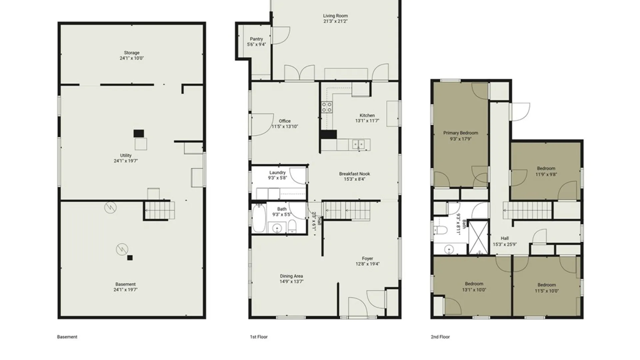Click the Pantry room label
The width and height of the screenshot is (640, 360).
pyautogui.click(x=256, y=39)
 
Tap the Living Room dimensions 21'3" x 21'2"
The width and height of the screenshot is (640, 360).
pyautogui.click(x=335, y=21)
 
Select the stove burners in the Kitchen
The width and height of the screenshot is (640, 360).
pyautogui.click(x=327, y=107)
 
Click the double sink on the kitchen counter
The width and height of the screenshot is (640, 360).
pyautogui.click(x=359, y=144)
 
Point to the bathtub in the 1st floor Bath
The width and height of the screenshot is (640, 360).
pyautogui.click(x=259, y=218)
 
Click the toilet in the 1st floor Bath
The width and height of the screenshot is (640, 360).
pyautogui.click(x=292, y=226)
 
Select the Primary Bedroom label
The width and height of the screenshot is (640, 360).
pyautogui.click(x=461, y=133)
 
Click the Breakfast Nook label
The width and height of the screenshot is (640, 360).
pyautogui.click(x=355, y=174)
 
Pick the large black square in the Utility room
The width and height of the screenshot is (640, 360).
pyautogui.click(x=139, y=133)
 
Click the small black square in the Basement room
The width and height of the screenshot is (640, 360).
pyautogui.click(x=130, y=258)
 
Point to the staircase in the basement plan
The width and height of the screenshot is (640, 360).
pyautogui.click(x=160, y=210)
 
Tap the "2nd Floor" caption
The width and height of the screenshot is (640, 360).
pyautogui.click(x=440, y=337)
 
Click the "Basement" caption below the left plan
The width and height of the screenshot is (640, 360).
pyautogui.click(x=67, y=337)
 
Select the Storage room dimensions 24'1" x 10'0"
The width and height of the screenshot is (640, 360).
pyautogui.click(x=132, y=58)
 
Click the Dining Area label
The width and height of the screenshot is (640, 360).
pyautogui.click(x=291, y=276)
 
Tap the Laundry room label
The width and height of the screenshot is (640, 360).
pyautogui.click(x=277, y=173)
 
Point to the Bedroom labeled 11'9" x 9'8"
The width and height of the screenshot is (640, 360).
pyautogui.click(x=546, y=168)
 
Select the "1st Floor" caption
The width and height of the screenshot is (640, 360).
pyautogui.click(x=259, y=337)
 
